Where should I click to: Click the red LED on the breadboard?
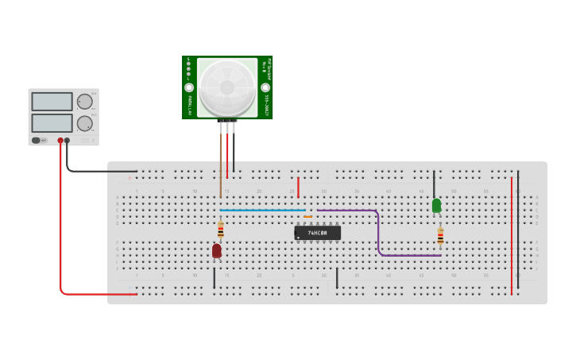coord(216,250)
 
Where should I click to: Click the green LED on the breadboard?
coord(436,205)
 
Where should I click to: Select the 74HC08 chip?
coord(317,233)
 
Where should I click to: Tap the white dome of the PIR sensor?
coord(227,85)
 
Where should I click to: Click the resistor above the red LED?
coord(221,230)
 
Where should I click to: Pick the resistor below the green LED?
coord(440,236)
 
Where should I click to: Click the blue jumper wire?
coord(262,210)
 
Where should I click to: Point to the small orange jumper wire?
coord(307,216)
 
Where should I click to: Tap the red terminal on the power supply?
coord(60,141)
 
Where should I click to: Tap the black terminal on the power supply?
coord(67,141)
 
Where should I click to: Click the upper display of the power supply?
coord(52,102)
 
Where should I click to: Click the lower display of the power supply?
coord(52,122)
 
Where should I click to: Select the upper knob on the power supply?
coord(84,102)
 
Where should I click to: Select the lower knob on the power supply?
coord(84,123)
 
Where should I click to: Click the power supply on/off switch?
coord(37,141)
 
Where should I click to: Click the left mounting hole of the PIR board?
coord(189,87)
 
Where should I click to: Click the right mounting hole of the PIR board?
coord(265,87)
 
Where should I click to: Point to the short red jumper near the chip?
coord(298,188)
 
